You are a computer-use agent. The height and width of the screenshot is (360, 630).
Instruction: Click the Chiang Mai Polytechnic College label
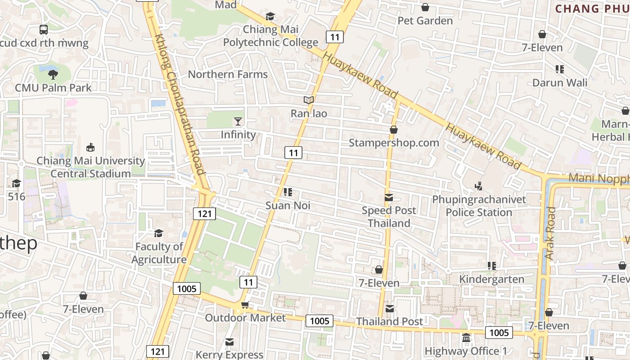point(270,36)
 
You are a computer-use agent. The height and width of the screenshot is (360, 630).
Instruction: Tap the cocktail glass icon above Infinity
point(238,121)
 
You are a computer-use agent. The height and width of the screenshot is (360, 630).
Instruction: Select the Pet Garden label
point(425,21)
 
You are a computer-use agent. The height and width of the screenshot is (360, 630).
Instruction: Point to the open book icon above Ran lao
point(308,100)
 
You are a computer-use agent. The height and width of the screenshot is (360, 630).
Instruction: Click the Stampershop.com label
point(394,143)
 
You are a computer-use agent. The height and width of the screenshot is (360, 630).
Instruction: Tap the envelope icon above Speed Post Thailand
point(389,198)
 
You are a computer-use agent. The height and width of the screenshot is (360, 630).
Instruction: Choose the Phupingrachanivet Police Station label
point(479,206)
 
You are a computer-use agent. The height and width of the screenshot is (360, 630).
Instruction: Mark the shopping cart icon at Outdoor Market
point(245,305)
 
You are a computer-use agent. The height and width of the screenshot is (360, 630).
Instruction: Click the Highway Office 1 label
point(466,351)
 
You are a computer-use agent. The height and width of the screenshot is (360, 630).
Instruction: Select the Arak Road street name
point(550,233)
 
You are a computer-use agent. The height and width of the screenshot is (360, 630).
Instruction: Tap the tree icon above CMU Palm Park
point(53,75)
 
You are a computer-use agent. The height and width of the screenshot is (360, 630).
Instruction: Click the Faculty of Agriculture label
point(159,253)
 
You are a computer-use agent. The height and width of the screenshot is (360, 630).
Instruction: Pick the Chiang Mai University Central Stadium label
point(90,167)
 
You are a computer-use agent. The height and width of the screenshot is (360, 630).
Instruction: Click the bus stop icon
point(44,30)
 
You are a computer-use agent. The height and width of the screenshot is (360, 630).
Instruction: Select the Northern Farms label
point(228,74)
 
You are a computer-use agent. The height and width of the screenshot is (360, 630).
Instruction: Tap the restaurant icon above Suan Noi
point(288,193)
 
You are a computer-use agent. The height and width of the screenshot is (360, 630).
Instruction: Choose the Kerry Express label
point(229,355)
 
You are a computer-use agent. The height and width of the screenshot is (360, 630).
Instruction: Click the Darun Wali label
point(560,83)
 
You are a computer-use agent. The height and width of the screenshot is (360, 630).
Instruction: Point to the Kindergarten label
point(491,279)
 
